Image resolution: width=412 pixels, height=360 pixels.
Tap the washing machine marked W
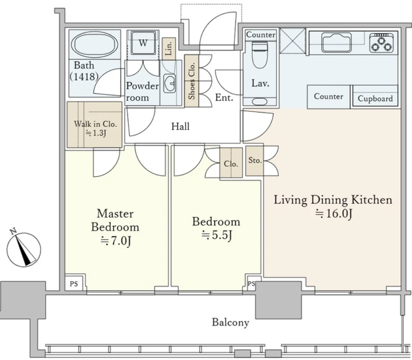[143, 43]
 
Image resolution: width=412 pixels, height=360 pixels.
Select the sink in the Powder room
[170, 83]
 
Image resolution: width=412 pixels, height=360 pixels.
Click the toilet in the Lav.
[259, 55]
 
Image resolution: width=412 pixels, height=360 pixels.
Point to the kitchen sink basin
[337, 43]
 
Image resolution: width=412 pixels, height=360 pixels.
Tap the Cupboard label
[375, 99]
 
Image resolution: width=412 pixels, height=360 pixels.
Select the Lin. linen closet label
[169, 48]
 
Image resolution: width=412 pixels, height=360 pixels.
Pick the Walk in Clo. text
[95, 124]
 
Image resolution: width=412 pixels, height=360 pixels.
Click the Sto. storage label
[255, 160]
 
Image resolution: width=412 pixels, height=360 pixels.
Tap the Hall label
[180, 126]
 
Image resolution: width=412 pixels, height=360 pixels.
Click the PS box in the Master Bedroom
[74, 284]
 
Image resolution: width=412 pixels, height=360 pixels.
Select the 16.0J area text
[334, 213]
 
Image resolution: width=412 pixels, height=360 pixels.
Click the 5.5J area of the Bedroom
[216, 235]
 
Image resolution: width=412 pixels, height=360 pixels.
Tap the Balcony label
[231, 322]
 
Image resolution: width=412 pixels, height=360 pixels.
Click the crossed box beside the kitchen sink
[293, 41]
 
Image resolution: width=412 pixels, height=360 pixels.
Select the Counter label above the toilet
[261, 34]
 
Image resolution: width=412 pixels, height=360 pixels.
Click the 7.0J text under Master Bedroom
[115, 241]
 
